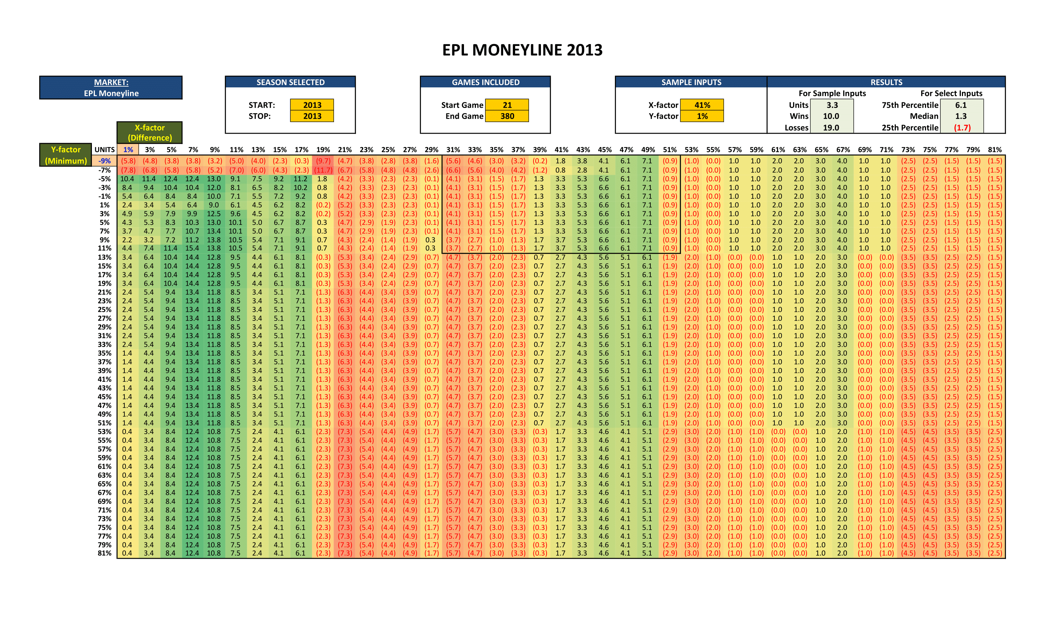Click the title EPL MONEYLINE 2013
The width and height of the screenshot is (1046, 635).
522,50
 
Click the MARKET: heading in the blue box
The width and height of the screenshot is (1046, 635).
111,82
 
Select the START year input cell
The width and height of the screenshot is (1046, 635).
312,105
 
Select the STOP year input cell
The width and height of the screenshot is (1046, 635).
312,116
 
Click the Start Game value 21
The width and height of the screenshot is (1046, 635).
507,105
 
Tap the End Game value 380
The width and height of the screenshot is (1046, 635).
507,116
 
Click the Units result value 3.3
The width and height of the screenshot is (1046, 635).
832,105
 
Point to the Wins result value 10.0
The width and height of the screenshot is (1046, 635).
831,116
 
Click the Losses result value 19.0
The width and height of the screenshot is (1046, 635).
831,128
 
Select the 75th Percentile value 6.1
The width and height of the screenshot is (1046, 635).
961,105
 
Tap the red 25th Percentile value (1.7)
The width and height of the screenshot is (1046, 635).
962,128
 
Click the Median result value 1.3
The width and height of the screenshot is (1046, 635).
961,116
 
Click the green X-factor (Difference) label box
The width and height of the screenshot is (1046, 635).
149,133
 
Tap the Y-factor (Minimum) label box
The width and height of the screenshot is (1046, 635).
66,155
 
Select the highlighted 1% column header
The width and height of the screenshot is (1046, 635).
128,150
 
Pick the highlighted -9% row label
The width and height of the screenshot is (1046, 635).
105,161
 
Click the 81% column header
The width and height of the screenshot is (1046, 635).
994,150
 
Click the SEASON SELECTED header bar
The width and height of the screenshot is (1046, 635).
290,82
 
